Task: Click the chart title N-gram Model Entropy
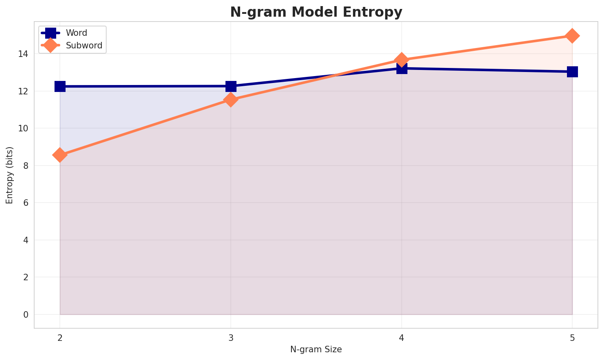click(x=316, y=12)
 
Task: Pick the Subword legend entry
click(x=83, y=46)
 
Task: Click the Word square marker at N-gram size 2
click(x=60, y=86)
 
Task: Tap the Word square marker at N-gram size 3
click(x=231, y=86)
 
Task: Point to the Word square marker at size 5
click(x=572, y=72)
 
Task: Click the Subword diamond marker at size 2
click(x=60, y=155)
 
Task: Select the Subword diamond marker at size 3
click(x=231, y=100)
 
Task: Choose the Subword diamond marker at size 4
click(x=402, y=60)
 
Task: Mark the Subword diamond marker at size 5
click(x=572, y=36)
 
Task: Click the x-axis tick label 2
click(x=60, y=337)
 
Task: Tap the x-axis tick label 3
click(x=231, y=337)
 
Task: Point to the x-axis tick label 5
click(x=572, y=337)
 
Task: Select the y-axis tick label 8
click(x=25, y=166)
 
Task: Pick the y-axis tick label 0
click(x=25, y=314)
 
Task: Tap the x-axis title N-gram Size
click(x=316, y=349)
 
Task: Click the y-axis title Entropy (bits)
click(x=9, y=175)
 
